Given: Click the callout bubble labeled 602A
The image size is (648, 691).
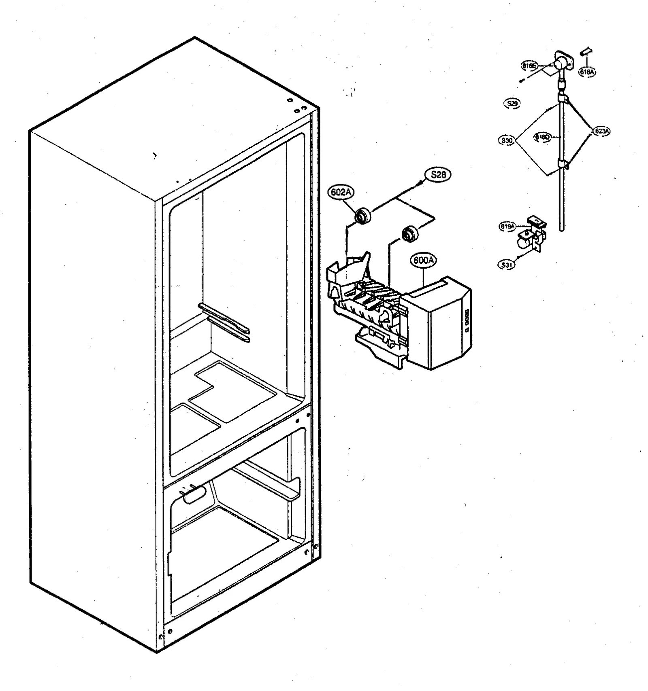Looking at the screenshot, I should [x=340, y=193].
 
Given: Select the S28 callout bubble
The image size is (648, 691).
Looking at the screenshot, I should [x=438, y=175].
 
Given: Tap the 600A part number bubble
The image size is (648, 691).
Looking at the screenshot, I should [x=423, y=261].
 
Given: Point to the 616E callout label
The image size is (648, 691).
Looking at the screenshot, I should [x=529, y=66].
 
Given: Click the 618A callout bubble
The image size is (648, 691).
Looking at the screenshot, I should [x=587, y=72].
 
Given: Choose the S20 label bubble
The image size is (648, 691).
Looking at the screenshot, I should [x=512, y=104].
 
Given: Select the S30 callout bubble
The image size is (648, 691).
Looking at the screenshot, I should [x=507, y=141].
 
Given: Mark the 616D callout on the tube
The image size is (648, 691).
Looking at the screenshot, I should [x=542, y=137].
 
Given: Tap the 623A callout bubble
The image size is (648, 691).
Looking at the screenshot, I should [x=601, y=131].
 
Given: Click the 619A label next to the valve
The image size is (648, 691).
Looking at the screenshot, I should [x=507, y=227].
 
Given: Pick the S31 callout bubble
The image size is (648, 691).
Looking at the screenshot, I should [x=507, y=265].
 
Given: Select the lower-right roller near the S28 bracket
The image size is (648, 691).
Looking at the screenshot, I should [x=409, y=235].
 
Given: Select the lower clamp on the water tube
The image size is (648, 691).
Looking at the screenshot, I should [x=563, y=164].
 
